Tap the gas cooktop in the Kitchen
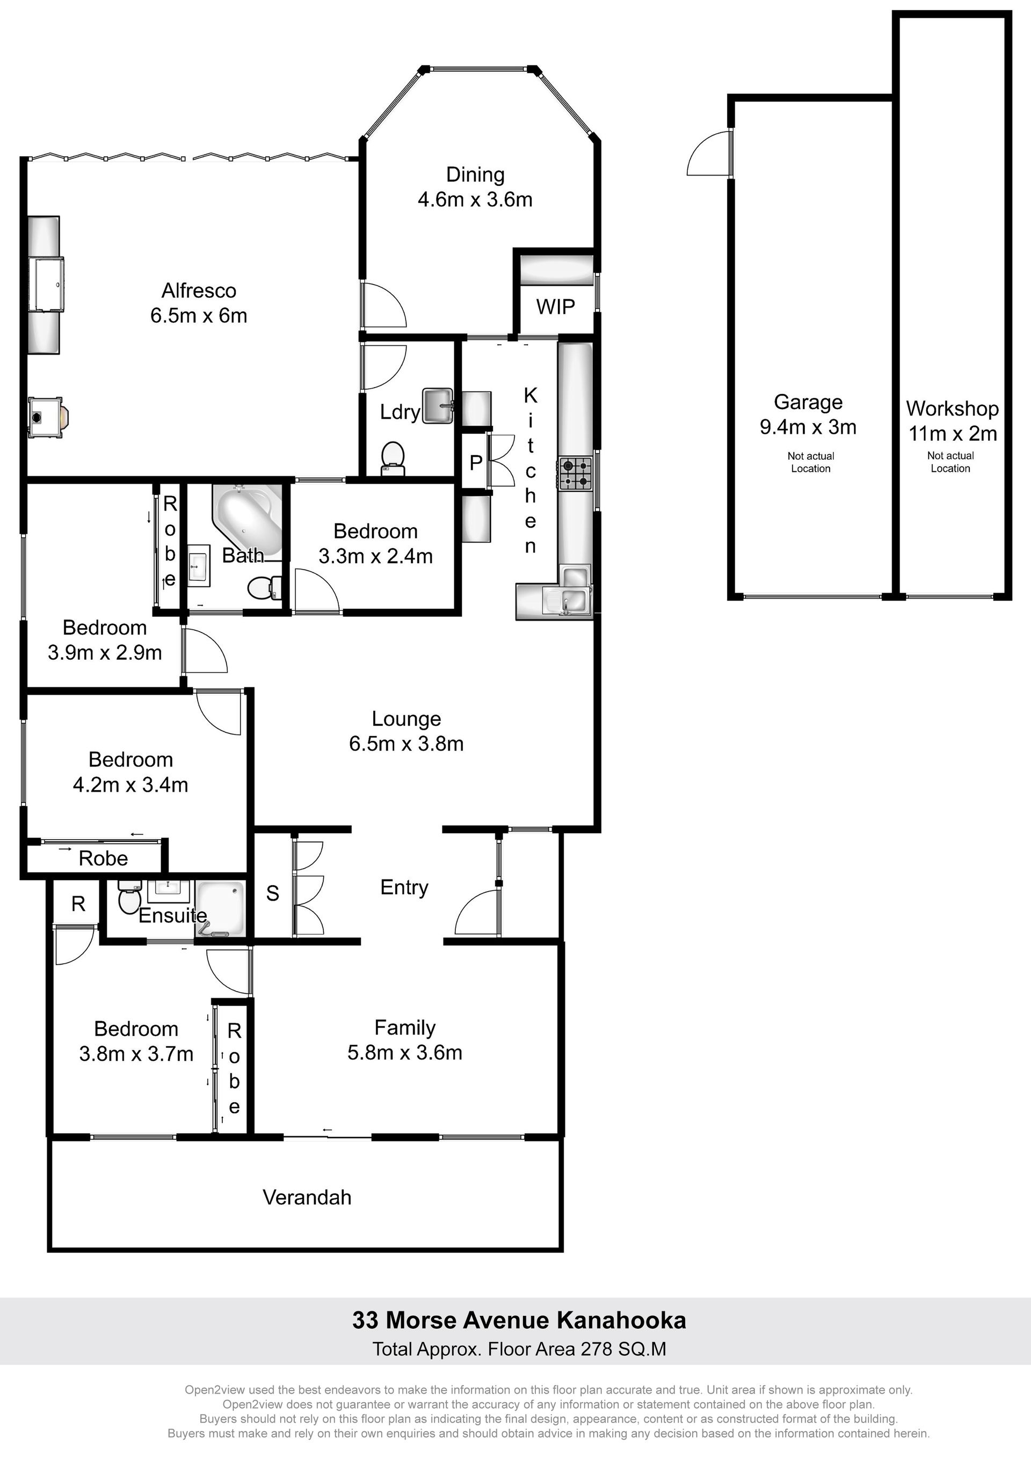click(576, 473)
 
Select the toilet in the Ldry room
click(393, 458)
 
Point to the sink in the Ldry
click(437, 405)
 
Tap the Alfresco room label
click(199, 291)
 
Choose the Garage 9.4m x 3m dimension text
click(808, 427)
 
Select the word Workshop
click(952, 409)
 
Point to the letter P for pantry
click(476, 464)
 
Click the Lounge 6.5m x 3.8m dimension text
click(406, 743)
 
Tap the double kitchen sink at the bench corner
click(567, 600)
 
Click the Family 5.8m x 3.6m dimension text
click(405, 1053)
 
